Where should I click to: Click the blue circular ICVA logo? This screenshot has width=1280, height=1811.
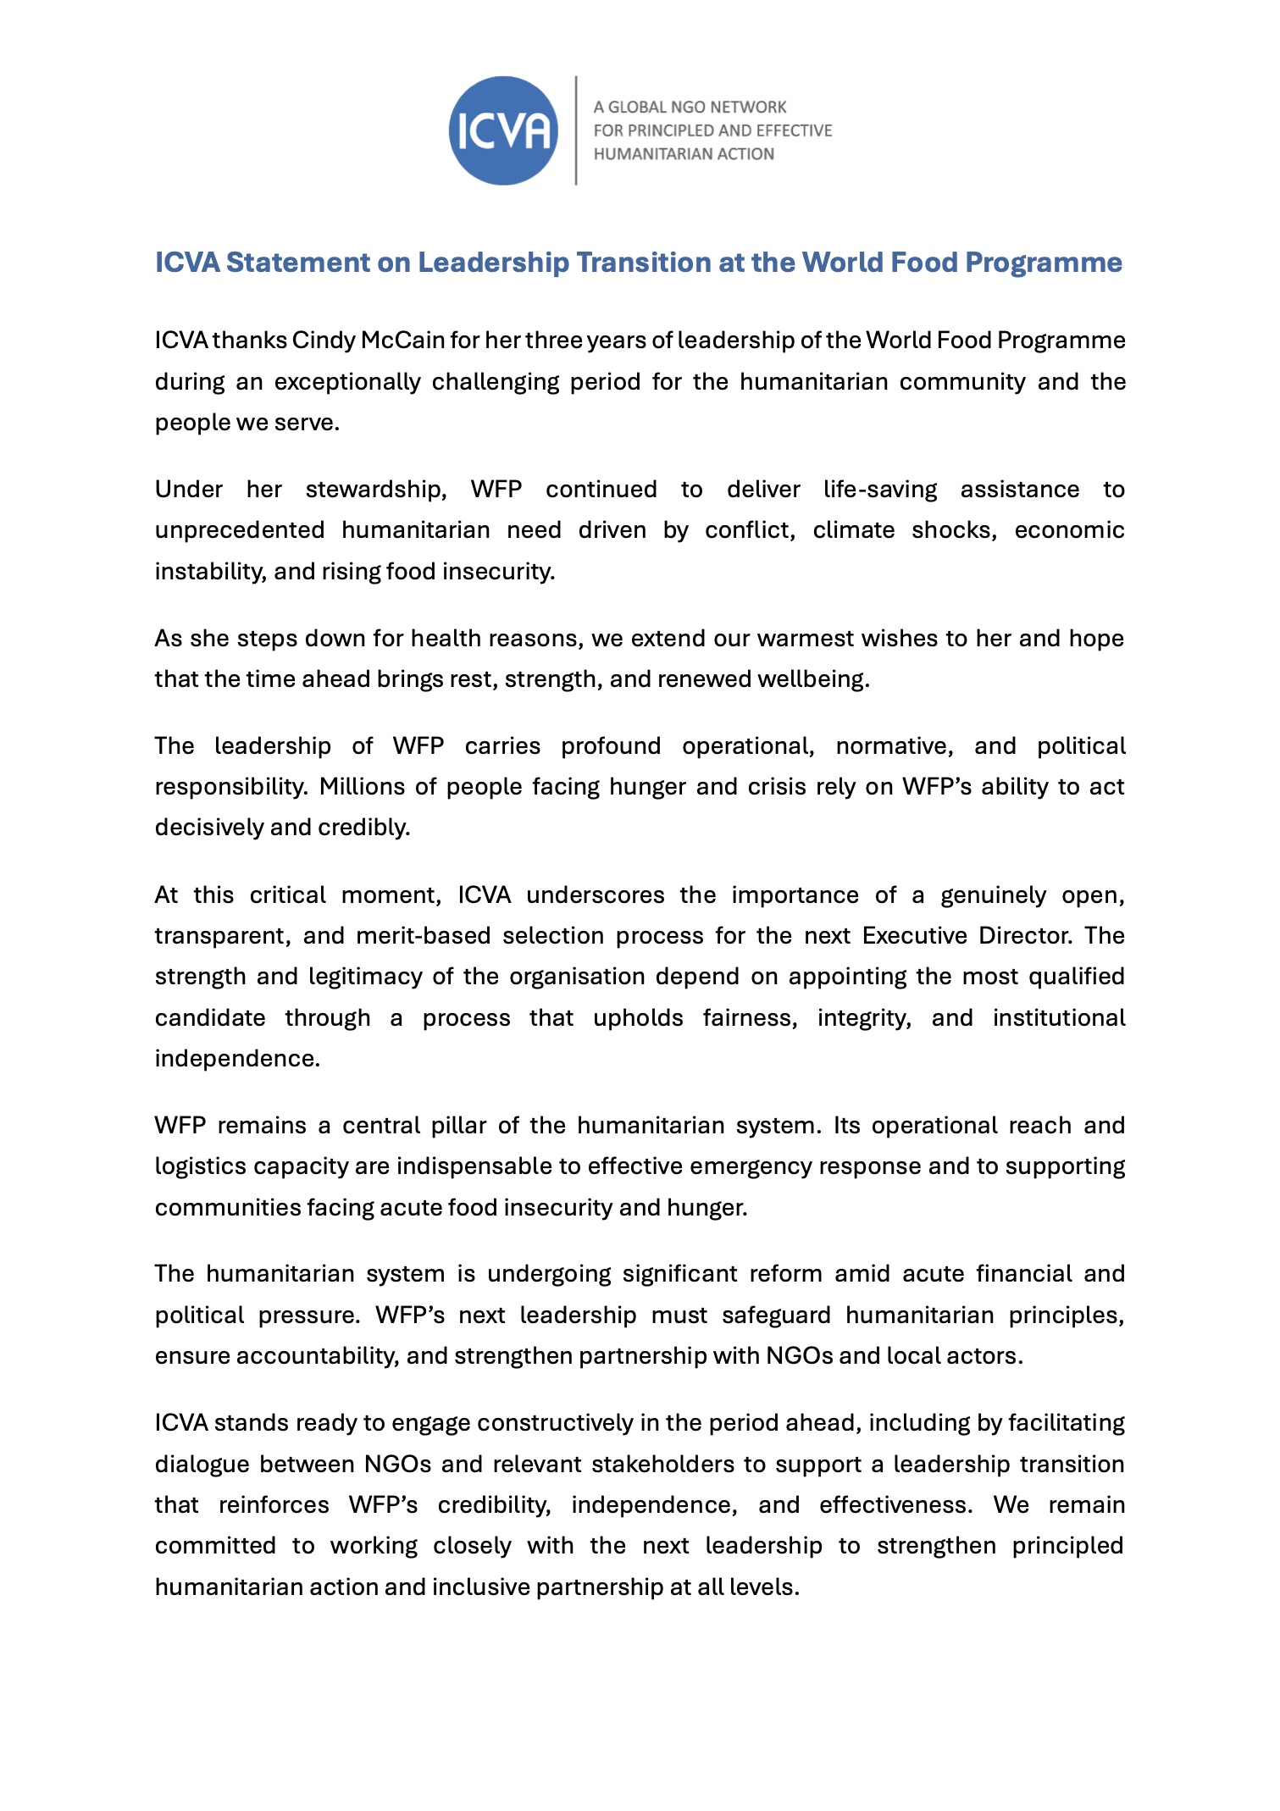[x=503, y=130]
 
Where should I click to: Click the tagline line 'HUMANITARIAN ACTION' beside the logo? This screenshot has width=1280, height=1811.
[x=683, y=154]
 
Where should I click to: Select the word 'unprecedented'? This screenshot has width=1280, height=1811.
[x=239, y=530]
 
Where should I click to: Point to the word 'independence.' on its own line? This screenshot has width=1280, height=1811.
[x=237, y=1059]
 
